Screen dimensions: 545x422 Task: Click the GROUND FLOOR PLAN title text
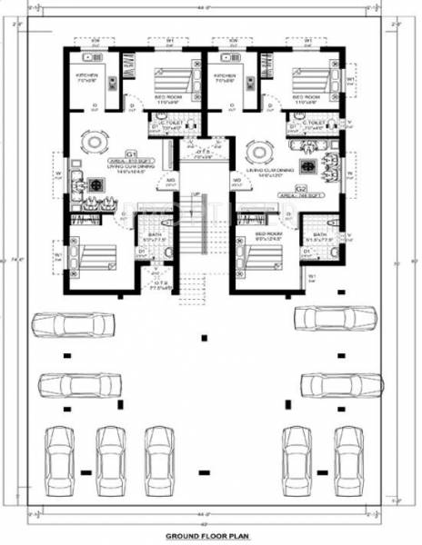(x=211, y=537)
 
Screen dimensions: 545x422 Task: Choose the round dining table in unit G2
(x=260, y=149)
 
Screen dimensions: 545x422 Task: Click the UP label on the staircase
(x=195, y=195)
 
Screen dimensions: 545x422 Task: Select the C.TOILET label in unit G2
(x=315, y=123)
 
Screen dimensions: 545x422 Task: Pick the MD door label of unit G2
(x=236, y=181)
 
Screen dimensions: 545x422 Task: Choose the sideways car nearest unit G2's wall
(x=335, y=318)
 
